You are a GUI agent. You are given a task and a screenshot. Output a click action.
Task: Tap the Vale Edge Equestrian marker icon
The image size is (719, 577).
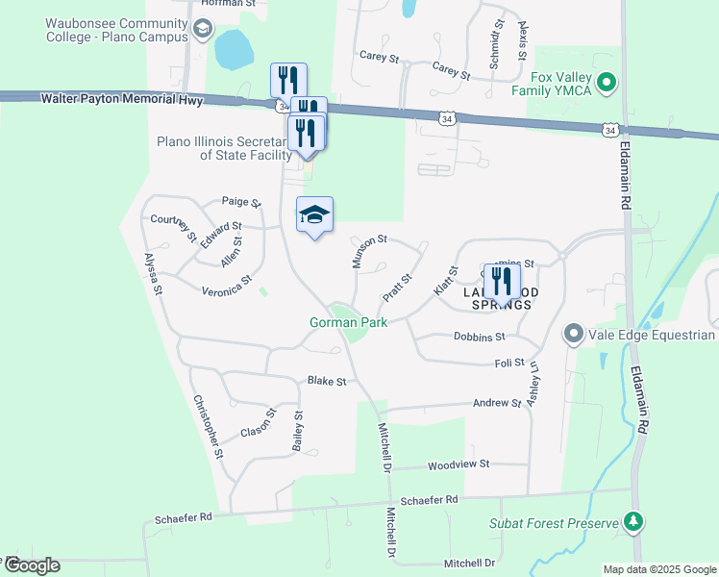574,335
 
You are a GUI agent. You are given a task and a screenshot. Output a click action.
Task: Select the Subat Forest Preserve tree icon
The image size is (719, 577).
632,522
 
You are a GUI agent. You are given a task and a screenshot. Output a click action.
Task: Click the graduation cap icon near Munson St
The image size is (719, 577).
314,215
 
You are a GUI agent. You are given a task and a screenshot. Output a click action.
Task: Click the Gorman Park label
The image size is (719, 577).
348,323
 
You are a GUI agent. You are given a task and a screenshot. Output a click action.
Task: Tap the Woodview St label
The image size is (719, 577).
459,464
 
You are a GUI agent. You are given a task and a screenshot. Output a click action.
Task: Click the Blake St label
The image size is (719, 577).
326,381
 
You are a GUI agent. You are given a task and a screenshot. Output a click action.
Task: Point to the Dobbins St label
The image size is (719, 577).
479,337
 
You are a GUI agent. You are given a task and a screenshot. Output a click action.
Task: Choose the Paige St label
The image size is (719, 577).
240,202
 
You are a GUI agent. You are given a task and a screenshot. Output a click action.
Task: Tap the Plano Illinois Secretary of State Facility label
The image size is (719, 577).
224,148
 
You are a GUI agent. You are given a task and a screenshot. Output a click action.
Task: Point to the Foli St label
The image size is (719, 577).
508,363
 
